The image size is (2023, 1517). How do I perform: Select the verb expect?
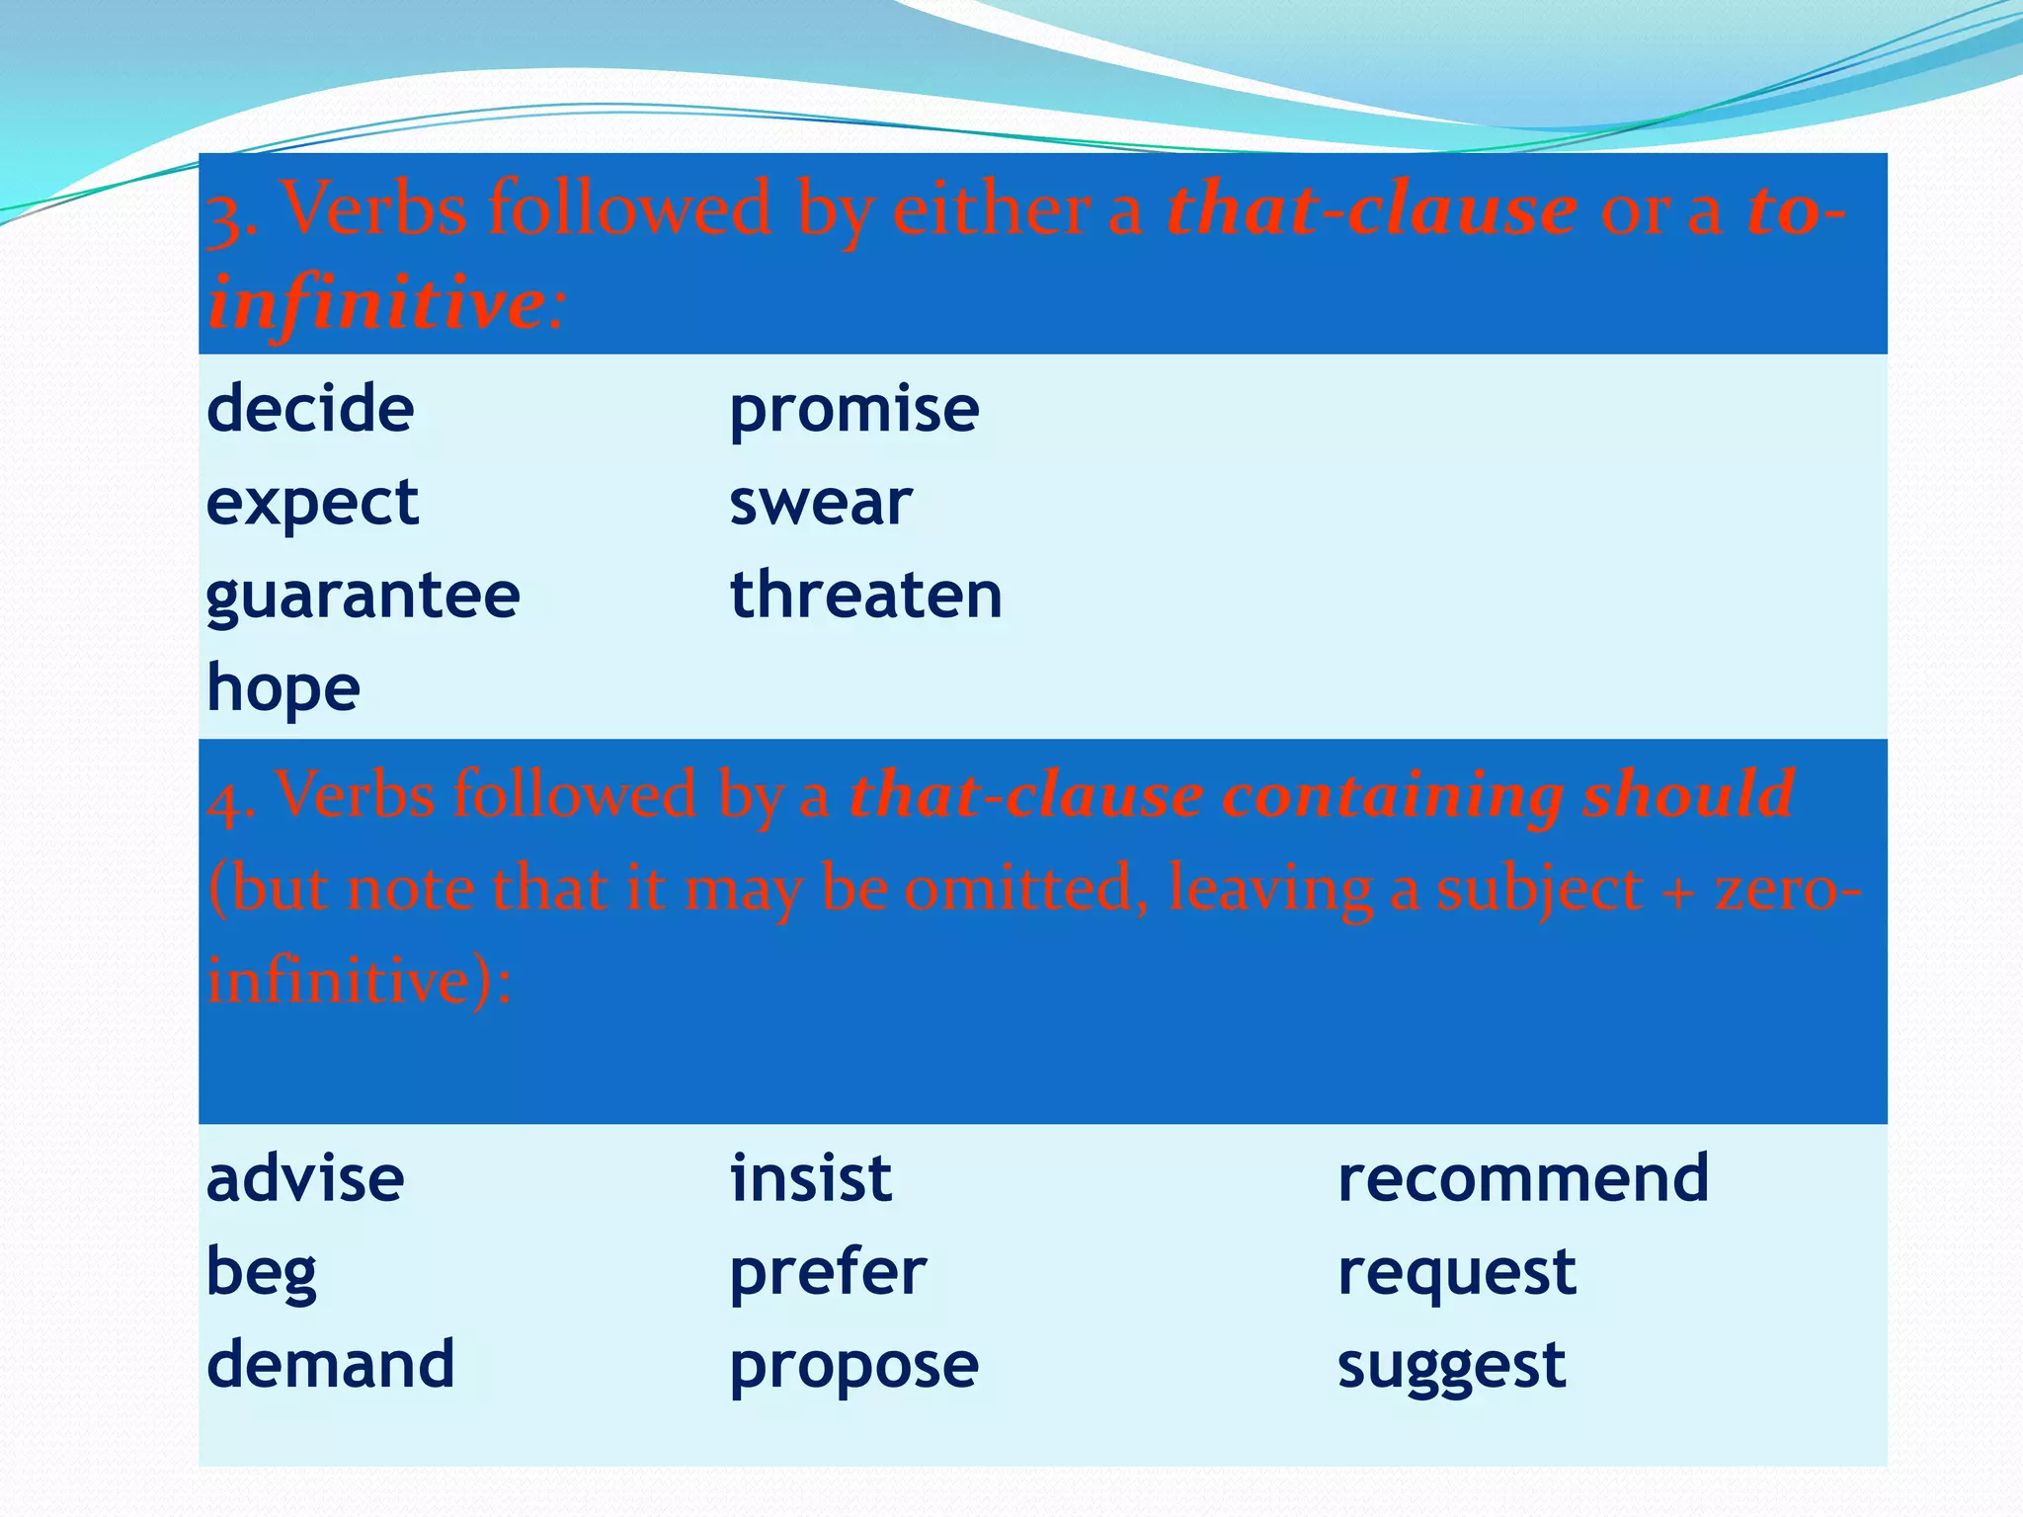coord(312,503)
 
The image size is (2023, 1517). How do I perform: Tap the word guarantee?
coord(363,596)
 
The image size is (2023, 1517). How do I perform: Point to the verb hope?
coord(283,688)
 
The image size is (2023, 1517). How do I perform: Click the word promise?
coord(853,410)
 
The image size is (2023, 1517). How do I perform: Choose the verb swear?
coord(820,503)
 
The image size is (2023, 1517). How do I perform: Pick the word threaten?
coord(865,596)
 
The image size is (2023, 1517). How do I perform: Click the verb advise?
coord(305,1178)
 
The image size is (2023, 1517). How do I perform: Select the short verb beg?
coord(262,1272)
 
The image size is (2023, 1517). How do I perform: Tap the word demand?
coord(330,1364)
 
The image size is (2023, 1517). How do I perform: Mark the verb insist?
coord(811,1178)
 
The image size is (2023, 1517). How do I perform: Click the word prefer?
coord(828,1272)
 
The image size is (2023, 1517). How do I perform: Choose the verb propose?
coord(853,1366)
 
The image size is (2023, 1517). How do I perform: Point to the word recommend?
coord(1522,1178)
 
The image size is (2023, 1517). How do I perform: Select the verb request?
coord(1456,1272)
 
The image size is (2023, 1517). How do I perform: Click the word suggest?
coord(1451,1366)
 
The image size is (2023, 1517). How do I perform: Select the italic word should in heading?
coord(1688,794)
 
